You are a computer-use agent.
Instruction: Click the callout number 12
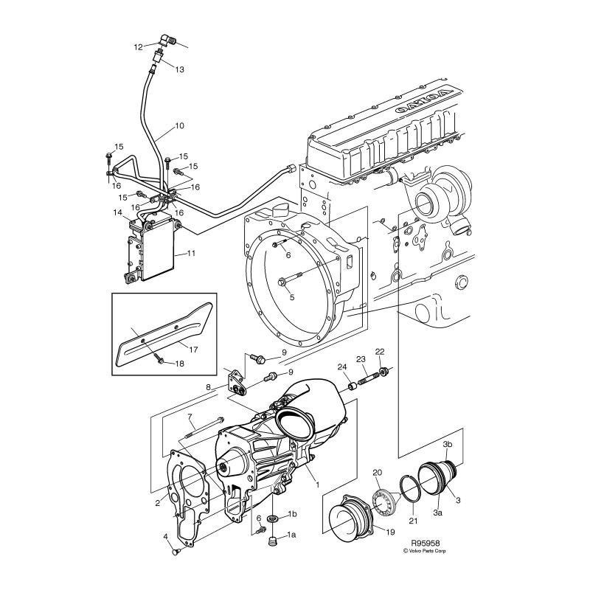[x=138, y=48]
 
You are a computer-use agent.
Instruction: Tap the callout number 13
[x=179, y=69]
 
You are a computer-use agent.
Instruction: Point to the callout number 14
[x=117, y=212]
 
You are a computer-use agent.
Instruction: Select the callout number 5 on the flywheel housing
[x=291, y=297]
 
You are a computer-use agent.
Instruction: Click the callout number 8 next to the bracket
[x=209, y=387]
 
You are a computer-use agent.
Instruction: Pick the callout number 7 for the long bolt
[x=190, y=417]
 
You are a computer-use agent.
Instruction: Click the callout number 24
[x=342, y=367]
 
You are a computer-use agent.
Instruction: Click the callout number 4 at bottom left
[x=165, y=538]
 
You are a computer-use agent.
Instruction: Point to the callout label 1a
[x=291, y=534]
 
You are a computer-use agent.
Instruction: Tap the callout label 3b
[x=447, y=444]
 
